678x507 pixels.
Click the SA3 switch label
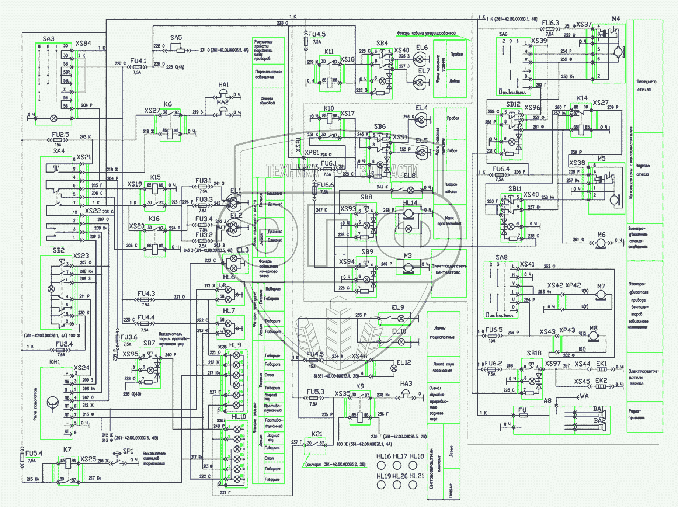(48, 38)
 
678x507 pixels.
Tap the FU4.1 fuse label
(138, 60)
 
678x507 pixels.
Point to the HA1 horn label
(223, 85)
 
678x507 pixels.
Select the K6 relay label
(168, 104)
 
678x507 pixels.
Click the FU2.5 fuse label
(60, 135)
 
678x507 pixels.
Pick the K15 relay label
(155, 177)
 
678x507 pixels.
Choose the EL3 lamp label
(243, 250)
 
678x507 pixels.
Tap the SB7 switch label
(149, 343)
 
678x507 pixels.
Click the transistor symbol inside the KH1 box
(52, 403)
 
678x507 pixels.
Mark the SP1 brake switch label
(128, 451)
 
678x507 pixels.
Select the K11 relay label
(329, 52)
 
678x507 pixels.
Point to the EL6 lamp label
(422, 47)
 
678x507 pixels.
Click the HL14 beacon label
(410, 203)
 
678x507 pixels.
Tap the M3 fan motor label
(407, 256)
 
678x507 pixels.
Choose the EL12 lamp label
(403, 362)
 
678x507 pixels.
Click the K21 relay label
(317, 434)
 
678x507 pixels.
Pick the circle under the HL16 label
(381, 466)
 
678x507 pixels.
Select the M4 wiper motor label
(616, 18)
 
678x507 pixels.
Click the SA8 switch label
(501, 257)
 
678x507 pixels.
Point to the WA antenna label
(584, 396)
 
